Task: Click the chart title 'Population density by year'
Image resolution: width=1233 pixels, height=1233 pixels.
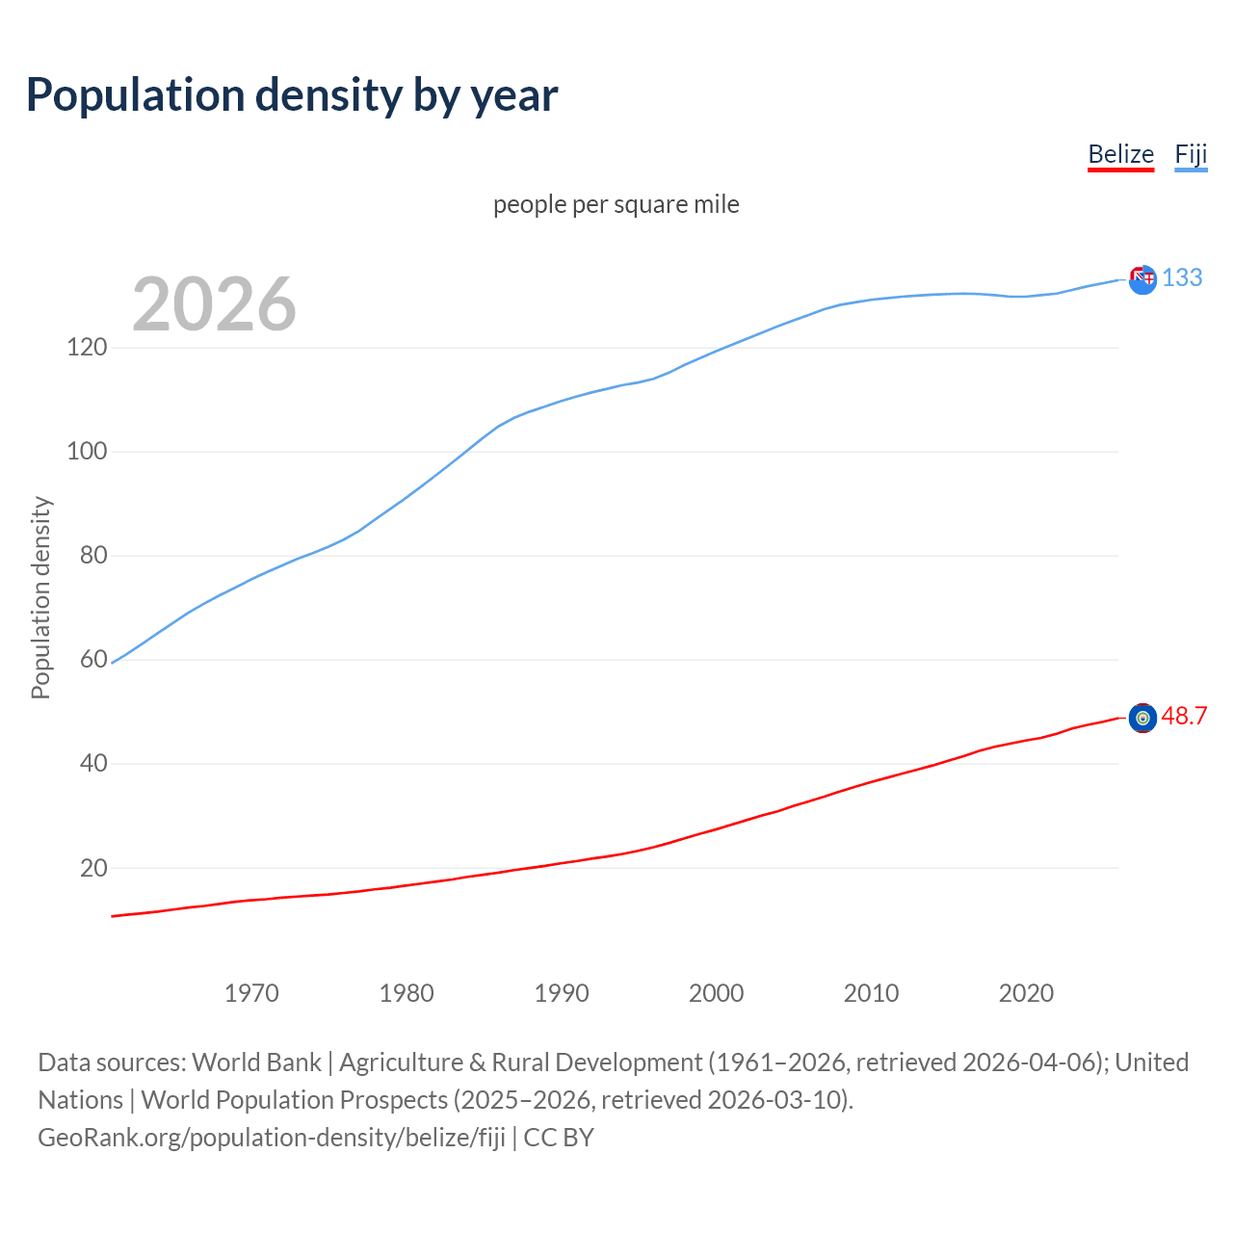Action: pos(292,95)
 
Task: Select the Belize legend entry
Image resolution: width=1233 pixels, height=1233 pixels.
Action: pos(1120,154)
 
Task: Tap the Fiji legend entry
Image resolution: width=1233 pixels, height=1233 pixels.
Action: pos(1191,154)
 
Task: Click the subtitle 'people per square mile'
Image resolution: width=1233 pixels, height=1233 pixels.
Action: pos(616,204)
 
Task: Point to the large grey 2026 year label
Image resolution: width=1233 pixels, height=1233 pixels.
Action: pos(214,304)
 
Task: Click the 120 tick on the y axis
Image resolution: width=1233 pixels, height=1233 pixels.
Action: pos(87,347)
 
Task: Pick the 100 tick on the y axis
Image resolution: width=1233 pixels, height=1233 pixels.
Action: pos(87,451)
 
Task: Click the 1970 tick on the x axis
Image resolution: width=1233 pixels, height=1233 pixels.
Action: pos(251,992)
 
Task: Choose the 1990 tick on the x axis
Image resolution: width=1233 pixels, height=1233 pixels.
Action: pos(562,992)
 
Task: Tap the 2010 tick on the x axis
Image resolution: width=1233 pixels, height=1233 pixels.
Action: pos(871,992)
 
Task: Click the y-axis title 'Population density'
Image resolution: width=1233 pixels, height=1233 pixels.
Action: pos(40,597)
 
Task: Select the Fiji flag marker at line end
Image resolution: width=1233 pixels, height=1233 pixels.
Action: pos(1142,279)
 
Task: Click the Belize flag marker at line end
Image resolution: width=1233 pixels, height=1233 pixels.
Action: pos(1142,718)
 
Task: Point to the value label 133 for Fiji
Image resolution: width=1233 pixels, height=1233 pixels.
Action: pos(1182,277)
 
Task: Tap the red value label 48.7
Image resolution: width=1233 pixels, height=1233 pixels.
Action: pos(1184,716)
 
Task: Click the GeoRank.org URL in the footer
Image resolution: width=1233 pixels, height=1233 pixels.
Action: pos(272,1138)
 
